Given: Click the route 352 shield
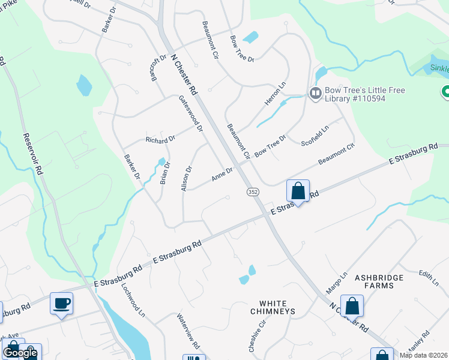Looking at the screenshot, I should [x=253, y=191].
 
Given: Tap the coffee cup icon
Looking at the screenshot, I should [x=61, y=304].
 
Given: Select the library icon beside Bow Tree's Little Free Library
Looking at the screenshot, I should [x=315, y=93].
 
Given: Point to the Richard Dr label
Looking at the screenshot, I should [x=160, y=139].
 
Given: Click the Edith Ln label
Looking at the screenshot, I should [x=429, y=277].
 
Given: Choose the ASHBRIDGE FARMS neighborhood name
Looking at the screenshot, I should [x=383, y=281].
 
